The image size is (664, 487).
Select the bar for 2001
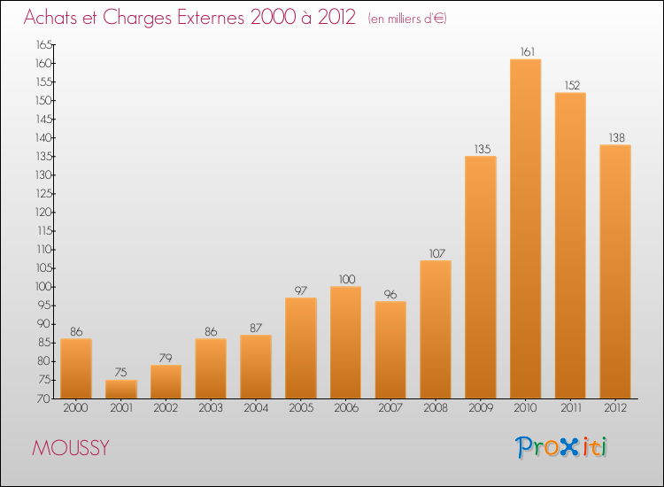[x=121, y=389]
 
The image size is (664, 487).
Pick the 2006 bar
[x=345, y=342]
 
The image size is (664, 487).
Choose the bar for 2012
[x=615, y=271]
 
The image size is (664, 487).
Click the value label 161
[x=525, y=52]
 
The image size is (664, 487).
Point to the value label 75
[x=121, y=373]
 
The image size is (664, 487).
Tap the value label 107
[x=436, y=253]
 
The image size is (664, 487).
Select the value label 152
[x=570, y=86]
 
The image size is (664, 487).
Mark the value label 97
[x=301, y=290]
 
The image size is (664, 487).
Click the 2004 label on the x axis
[x=256, y=408]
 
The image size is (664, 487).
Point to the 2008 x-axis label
[x=436, y=408]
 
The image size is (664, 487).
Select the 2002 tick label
[x=166, y=408]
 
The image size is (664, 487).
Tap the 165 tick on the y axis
[x=42, y=45]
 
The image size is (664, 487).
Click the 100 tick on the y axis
[x=42, y=287]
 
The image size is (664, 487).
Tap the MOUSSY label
[x=71, y=448]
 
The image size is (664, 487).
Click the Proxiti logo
[x=562, y=447]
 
